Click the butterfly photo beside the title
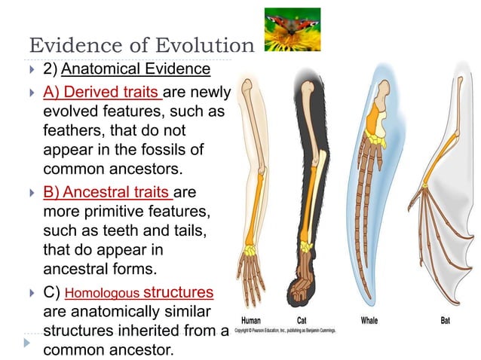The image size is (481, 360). pyautogui.click(x=293, y=29)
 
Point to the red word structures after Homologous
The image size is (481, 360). pyautogui.click(x=178, y=291)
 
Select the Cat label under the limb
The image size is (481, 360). pyautogui.click(x=301, y=320)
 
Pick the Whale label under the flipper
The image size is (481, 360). pyautogui.click(x=369, y=320)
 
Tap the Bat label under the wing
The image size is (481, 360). pyautogui.click(x=446, y=320)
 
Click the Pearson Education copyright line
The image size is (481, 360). pyautogui.click(x=285, y=331)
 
